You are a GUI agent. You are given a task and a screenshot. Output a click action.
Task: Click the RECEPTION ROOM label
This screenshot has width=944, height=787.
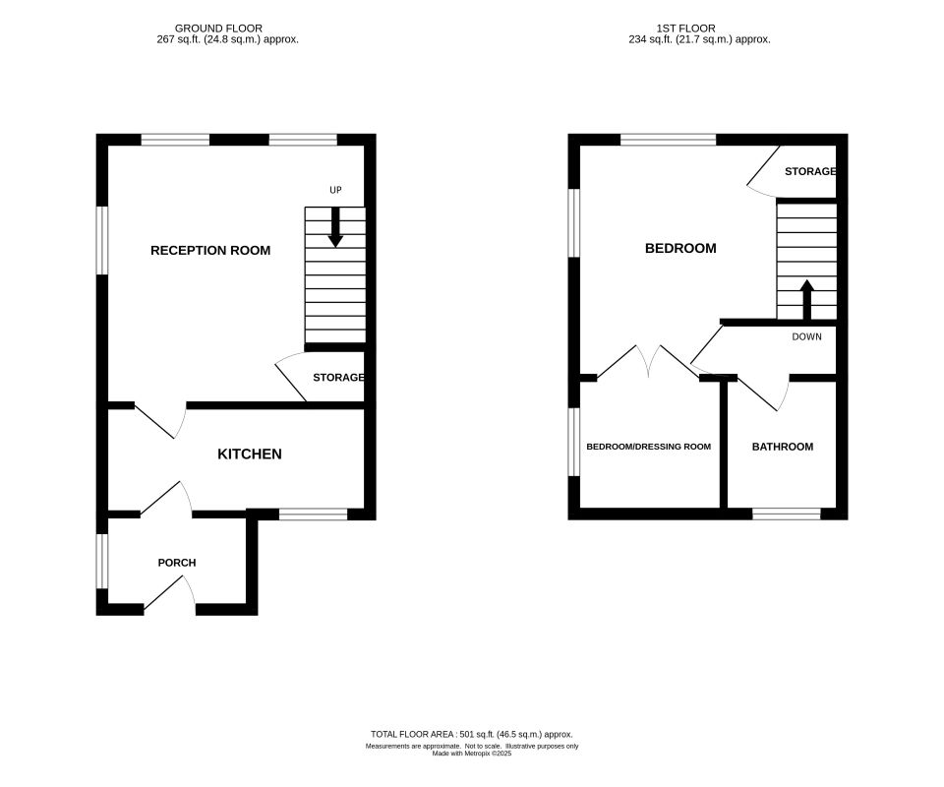pos(209,251)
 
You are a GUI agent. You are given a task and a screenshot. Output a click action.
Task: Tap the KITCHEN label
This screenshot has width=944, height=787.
pos(249,454)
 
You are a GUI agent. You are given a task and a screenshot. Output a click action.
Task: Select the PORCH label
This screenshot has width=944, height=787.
pos(177,563)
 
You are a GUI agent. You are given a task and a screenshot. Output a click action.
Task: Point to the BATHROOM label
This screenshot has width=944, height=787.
pos(783,447)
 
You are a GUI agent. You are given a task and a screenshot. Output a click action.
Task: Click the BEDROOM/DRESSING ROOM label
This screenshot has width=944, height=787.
pos(648,447)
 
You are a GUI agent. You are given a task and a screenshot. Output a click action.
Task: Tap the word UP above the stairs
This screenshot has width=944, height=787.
pos(335,190)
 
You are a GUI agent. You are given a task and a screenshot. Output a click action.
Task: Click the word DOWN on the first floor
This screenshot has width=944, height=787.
pos(806,336)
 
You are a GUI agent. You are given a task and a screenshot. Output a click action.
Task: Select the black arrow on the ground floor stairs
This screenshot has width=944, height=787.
pos(335,228)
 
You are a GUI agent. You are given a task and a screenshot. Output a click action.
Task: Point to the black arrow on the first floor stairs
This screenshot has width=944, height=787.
pos(807,299)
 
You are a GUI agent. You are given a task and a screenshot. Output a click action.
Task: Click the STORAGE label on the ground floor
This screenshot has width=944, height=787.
pos(338,378)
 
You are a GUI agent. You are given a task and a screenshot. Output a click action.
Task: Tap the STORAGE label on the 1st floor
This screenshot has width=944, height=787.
pos(810,171)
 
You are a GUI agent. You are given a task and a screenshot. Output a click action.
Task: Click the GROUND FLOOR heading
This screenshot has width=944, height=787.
pos(217,29)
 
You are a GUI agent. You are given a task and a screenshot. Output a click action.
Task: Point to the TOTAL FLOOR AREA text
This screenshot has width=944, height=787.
pos(471,734)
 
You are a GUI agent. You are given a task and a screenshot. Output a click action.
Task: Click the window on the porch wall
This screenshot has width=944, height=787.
pos(100,561)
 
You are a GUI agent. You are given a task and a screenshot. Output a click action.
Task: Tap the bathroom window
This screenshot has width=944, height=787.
pos(787,513)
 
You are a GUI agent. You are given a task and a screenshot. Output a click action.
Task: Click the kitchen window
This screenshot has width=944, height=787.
pos(313,513)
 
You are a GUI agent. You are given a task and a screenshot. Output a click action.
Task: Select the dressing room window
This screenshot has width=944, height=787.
pos(574,443)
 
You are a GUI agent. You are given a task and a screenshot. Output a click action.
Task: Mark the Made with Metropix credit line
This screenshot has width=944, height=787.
pos(472,754)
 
